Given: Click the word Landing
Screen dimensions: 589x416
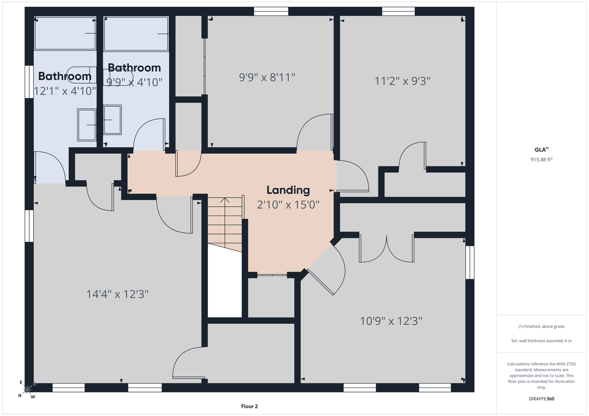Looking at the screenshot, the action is [x=288, y=190].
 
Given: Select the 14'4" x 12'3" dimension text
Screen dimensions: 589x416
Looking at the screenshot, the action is [x=118, y=294].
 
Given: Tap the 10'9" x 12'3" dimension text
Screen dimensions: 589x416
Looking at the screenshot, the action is [x=391, y=321].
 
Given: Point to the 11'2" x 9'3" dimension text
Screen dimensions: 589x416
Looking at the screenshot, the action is [x=402, y=81].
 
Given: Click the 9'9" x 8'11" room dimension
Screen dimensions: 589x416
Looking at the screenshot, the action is [x=267, y=77].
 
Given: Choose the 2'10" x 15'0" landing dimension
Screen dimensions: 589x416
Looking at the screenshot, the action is [x=288, y=205].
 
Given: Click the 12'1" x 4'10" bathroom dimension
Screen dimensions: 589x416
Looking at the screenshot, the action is [x=65, y=91].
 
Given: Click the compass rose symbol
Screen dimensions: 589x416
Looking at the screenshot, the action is [x=27, y=389].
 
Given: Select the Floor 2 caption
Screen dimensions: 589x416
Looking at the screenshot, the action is [x=249, y=406].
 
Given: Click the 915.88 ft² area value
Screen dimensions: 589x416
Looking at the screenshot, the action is [x=542, y=159].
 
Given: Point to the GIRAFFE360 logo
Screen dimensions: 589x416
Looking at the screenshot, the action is [x=542, y=399].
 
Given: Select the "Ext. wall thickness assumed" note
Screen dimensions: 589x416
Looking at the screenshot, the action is [x=542, y=341].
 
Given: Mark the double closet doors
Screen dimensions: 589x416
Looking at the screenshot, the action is [x=386, y=248].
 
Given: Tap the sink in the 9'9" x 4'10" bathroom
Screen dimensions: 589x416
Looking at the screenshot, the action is [x=112, y=120].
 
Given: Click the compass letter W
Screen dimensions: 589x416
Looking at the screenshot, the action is [x=33, y=397].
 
